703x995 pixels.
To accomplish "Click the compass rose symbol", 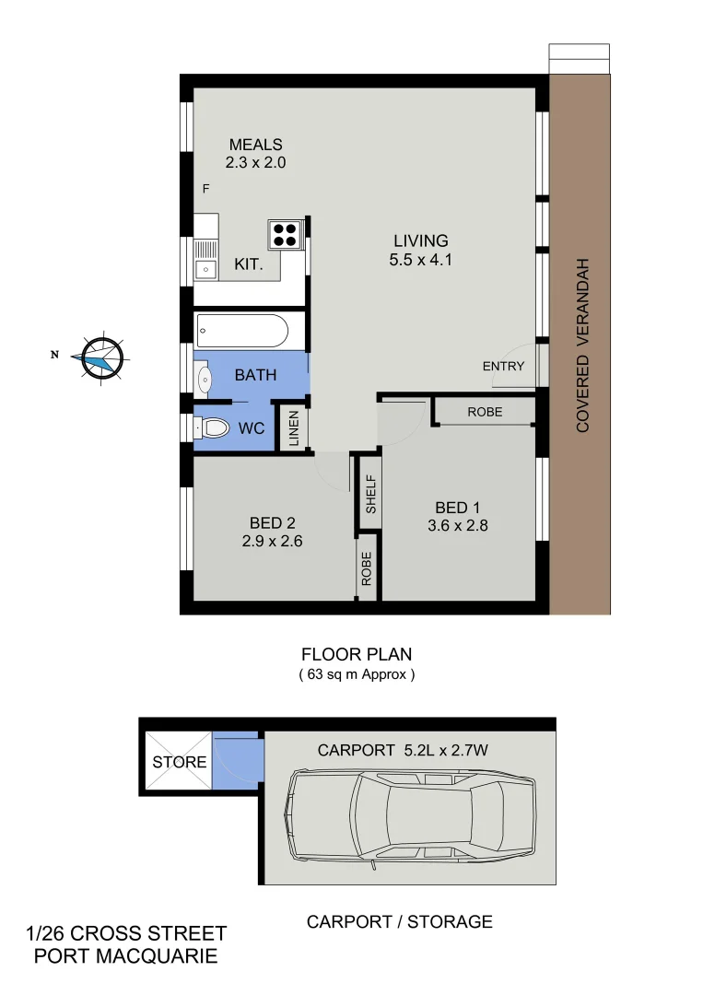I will (x=101, y=357).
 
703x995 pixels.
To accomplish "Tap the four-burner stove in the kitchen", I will (x=286, y=234).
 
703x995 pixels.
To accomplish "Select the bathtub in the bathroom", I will (x=242, y=330).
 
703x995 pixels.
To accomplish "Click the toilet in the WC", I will (x=213, y=428).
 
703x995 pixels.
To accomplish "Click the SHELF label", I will (x=370, y=494).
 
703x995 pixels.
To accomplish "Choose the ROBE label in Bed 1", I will (x=485, y=412).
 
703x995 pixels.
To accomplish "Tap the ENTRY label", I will (x=503, y=366).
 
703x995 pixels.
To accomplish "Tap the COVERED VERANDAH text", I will (x=582, y=345).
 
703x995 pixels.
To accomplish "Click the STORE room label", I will (x=180, y=762).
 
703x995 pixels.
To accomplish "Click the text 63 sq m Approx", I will (x=357, y=674).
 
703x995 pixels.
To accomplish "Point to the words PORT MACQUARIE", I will (x=126, y=956).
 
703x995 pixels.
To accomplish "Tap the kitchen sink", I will (x=206, y=269).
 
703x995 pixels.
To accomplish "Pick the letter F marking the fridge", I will (x=206, y=189).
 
